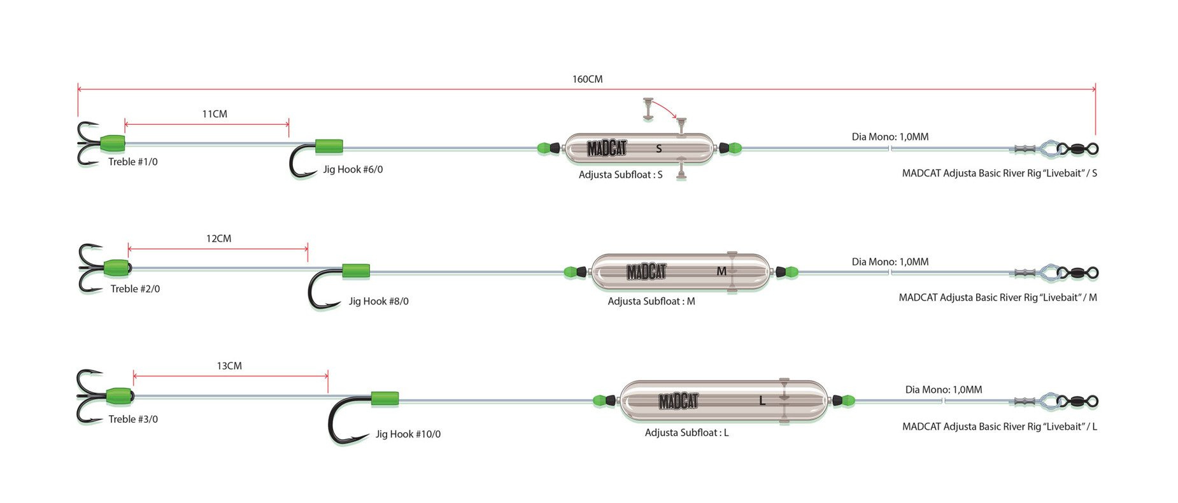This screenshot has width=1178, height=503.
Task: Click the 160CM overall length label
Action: pyautogui.click(x=587, y=80)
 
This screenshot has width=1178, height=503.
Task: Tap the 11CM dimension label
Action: pyautogui.click(x=215, y=114)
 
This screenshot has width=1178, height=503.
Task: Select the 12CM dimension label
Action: pyautogui.click(x=218, y=239)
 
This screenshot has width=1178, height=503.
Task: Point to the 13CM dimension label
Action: pyautogui.click(x=229, y=366)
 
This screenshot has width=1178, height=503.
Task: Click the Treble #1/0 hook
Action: pyautogui.click(x=87, y=143)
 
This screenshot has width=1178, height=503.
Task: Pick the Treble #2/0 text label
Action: pyautogui.click(x=135, y=289)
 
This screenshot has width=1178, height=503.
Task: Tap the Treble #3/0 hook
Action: pyautogui.click(x=89, y=396)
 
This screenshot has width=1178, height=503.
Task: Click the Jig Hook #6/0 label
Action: pyautogui.click(x=353, y=169)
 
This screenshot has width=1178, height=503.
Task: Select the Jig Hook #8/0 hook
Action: pyautogui.click(x=322, y=289)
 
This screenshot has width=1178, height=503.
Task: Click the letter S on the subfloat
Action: pyautogui.click(x=659, y=149)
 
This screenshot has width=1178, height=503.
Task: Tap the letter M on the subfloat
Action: pyautogui.click(x=721, y=272)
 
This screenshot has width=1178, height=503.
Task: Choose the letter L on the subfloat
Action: pyautogui.click(x=762, y=401)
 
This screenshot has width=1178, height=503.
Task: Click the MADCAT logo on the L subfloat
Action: pyautogui.click(x=678, y=401)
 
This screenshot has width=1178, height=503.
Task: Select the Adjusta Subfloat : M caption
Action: pyautogui.click(x=651, y=301)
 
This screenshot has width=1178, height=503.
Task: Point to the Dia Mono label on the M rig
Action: pyautogui.click(x=890, y=262)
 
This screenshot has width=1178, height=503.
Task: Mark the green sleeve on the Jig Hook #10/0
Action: pyautogui.click(x=385, y=399)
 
